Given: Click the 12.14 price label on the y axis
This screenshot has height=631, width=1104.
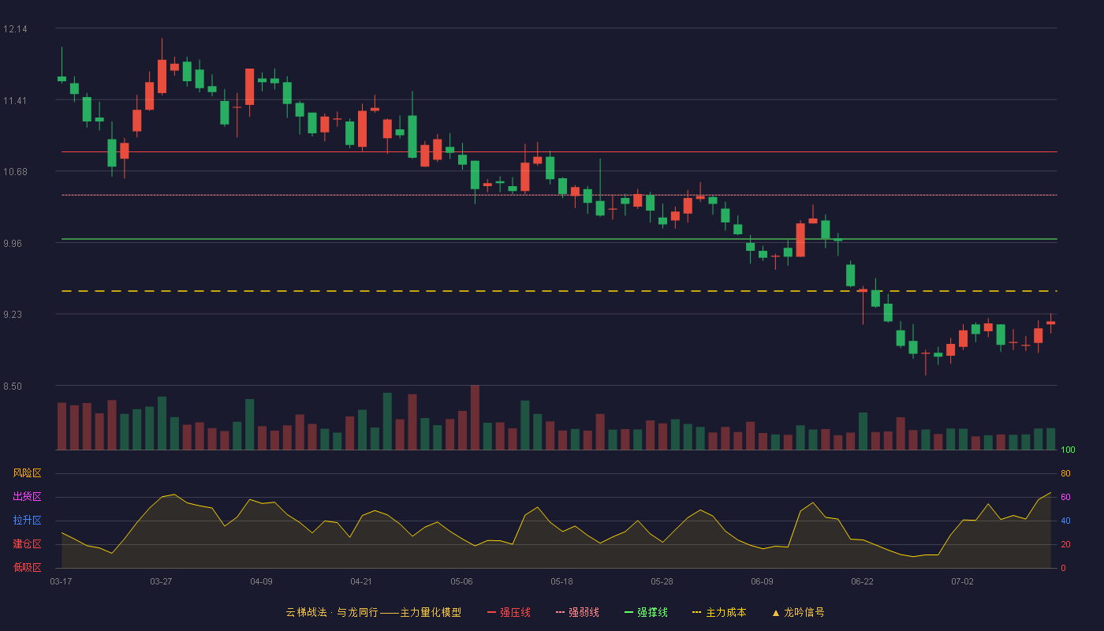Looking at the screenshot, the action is tap(15, 29).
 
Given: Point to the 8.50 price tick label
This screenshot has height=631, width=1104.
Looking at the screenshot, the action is tap(13, 386).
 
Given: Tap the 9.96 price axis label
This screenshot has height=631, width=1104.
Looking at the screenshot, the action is tap(13, 244).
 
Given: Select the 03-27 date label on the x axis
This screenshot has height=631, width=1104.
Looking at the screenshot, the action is tap(161, 582).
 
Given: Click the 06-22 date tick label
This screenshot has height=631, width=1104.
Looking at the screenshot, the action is tap(863, 582).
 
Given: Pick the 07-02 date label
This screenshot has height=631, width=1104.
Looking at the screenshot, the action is tap(963, 582).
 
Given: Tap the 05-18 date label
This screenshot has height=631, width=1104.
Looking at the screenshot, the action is tap(561, 582).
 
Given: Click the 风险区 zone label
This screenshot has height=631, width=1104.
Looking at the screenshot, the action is tap(27, 473).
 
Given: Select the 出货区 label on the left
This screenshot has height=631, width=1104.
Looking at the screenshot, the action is tap(27, 496).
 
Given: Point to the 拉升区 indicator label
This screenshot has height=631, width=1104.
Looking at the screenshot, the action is tap(27, 520).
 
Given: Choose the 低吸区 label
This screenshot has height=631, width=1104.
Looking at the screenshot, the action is tap(27, 567).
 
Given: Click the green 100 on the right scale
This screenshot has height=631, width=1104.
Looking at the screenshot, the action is tap(1068, 450).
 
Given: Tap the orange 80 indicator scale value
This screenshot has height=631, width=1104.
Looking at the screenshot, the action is tap(1065, 473).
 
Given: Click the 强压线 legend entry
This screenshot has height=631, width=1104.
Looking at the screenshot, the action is tap(509, 612).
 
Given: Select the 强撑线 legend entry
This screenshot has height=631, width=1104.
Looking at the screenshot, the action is tap(646, 612).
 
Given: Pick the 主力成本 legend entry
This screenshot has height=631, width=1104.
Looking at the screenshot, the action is tap(719, 612).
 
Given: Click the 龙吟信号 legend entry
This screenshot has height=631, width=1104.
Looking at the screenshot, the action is tap(798, 612).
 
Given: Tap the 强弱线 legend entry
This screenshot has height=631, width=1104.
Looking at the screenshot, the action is tap(577, 612).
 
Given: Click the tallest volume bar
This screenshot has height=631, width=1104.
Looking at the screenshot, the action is tap(475, 417).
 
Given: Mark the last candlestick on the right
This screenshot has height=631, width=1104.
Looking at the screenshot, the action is tap(1050, 323).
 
